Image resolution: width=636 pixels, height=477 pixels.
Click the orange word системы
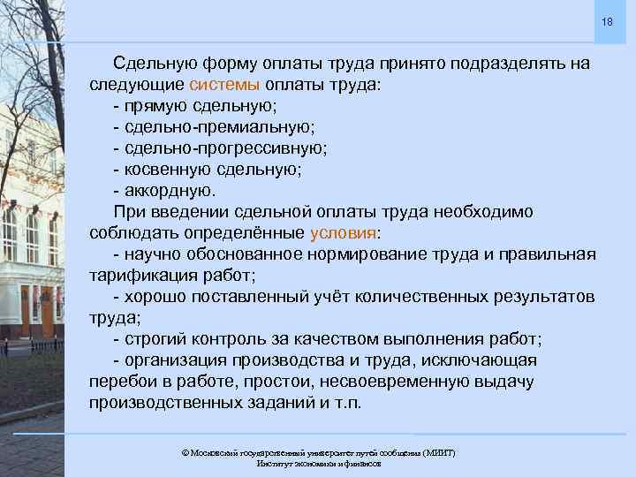pyautogui.click(x=224, y=86)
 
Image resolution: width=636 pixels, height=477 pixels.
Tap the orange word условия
pyautogui.click(x=344, y=233)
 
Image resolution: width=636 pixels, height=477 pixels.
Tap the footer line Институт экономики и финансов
pyautogui.click(x=318, y=463)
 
